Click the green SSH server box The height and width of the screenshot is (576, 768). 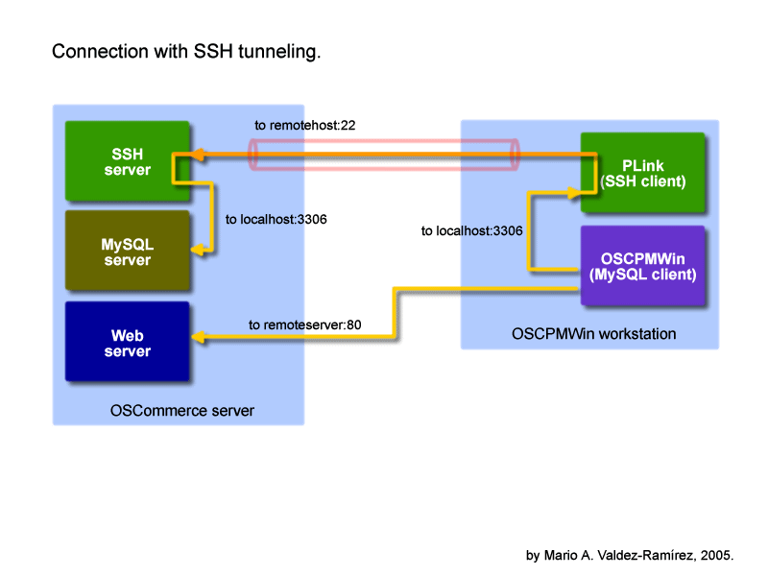[128, 160]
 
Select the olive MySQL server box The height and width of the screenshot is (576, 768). [128, 251]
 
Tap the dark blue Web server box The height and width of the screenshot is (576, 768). [128, 342]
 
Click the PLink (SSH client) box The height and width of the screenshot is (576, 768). [642, 173]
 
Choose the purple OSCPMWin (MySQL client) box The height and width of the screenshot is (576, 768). [642, 266]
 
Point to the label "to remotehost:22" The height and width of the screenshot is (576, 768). [304, 126]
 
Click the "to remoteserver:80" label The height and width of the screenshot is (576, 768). [304, 324]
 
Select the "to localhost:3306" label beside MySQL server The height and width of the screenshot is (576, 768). [276, 220]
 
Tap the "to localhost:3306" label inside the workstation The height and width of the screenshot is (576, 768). [471, 230]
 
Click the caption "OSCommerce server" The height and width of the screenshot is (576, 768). [182, 411]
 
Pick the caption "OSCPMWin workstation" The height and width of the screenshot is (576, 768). [593, 334]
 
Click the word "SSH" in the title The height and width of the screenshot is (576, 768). [213, 52]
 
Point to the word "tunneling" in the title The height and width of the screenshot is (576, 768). [279, 52]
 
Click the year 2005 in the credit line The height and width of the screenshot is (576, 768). [715, 556]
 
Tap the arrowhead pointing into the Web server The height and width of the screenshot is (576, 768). [198, 337]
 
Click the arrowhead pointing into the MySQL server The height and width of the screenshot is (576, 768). [197, 251]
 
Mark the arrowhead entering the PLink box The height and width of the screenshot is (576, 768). [573, 193]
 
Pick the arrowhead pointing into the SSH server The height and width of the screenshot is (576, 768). [197, 155]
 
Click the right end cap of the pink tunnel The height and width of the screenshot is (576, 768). [515, 155]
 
